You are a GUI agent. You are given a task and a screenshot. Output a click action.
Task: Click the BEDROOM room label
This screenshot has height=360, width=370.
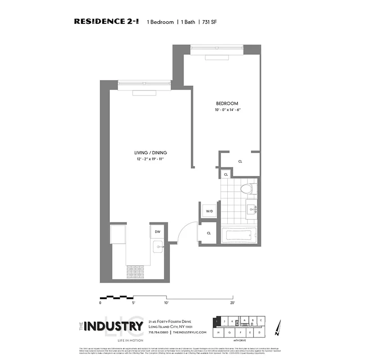pyautogui.click(x=227, y=103)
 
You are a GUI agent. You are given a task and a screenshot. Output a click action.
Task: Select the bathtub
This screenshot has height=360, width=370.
pyautogui.click(x=239, y=234)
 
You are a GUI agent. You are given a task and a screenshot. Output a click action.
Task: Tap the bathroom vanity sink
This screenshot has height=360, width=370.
pyautogui.click(x=252, y=208)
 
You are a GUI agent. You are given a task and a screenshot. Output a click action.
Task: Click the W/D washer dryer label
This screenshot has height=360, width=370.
pyautogui.click(x=209, y=211)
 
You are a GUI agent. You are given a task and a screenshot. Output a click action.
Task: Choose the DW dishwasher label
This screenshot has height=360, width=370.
pyautogui.click(x=158, y=232)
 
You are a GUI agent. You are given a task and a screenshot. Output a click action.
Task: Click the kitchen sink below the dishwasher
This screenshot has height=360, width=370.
pyautogui.click(x=158, y=246)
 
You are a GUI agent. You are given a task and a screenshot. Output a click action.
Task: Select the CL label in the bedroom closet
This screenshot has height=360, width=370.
pyautogui.click(x=240, y=161)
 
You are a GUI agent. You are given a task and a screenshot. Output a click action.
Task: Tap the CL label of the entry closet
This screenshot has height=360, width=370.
pyautogui.click(x=209, y=233)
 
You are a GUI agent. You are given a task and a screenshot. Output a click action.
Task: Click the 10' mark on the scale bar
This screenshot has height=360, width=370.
pyautogui.click(x=167, y=303)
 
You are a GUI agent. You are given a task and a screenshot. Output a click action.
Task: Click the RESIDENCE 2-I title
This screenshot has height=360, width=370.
pyautogui.click(x=106, y=22)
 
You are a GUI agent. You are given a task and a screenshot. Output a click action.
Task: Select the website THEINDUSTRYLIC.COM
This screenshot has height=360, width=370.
pyautogui.click(x=190, y=332)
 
